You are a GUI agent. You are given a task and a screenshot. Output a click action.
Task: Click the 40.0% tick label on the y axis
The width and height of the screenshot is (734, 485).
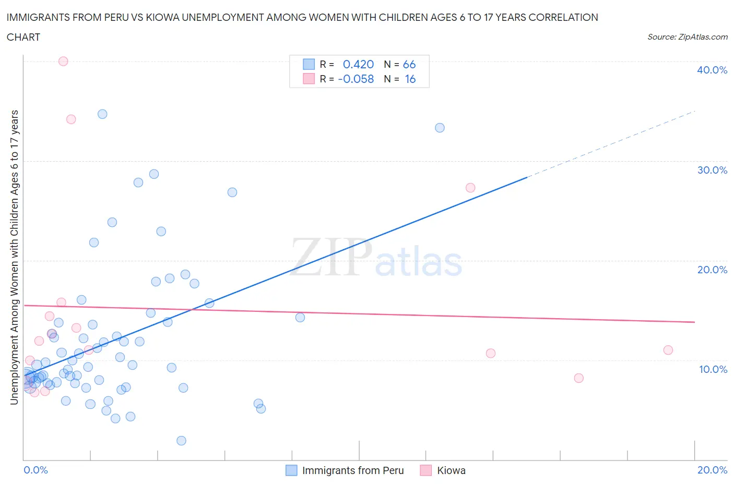point(712,70)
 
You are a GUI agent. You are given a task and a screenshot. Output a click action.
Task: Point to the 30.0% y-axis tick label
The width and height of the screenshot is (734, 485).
point(712,170)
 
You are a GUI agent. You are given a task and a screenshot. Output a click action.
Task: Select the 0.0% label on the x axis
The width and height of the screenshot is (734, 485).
point(35,470)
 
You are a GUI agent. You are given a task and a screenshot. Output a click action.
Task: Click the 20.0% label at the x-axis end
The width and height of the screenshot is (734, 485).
point(712,470)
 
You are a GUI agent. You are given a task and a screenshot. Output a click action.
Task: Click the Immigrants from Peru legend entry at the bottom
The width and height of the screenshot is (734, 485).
point(352,470)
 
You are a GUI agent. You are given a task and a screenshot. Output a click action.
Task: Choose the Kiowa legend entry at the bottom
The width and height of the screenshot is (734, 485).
point(451,470)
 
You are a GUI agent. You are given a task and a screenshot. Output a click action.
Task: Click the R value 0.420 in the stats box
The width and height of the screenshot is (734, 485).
point(358,64)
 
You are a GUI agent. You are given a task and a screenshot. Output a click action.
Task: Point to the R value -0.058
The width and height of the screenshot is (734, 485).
point(356,79)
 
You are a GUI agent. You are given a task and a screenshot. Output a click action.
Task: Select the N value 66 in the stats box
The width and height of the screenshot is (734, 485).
point(409,64)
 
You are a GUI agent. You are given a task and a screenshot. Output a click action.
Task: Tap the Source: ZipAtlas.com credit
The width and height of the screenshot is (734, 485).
point(687,37)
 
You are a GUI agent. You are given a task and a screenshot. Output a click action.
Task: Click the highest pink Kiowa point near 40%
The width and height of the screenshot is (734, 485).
point(63,61)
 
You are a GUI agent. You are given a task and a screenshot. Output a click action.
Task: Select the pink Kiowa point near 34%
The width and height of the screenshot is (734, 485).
point(71,119)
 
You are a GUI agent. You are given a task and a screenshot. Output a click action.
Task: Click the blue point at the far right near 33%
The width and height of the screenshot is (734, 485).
point(440,128)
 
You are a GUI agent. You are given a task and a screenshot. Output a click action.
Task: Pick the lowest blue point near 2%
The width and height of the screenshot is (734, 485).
point(181,441)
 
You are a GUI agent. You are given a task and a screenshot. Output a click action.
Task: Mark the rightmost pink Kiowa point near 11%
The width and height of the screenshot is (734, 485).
point(668,350)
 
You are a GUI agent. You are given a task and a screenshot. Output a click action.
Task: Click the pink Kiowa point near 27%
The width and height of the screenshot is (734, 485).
point(470,188)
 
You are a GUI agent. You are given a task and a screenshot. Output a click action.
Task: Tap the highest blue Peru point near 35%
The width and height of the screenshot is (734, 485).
point(102,114)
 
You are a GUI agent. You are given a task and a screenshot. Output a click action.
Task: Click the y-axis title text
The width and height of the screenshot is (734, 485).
point(14,257)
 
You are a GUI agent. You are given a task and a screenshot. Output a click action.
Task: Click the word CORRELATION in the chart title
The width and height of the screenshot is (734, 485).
point(563,17)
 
